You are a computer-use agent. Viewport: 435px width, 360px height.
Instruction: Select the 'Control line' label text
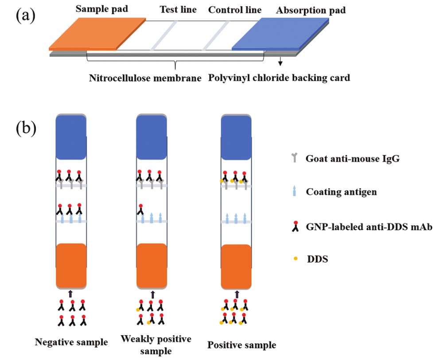click(235, 10)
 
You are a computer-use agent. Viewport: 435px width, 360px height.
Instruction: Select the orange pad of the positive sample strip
click(236, 266)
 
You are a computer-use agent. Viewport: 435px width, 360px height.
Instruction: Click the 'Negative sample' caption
click(71, 342)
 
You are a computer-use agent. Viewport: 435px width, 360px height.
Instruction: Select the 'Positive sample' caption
click(242, 345)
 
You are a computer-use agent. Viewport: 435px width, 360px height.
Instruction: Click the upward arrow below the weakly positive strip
click(153, 294)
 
